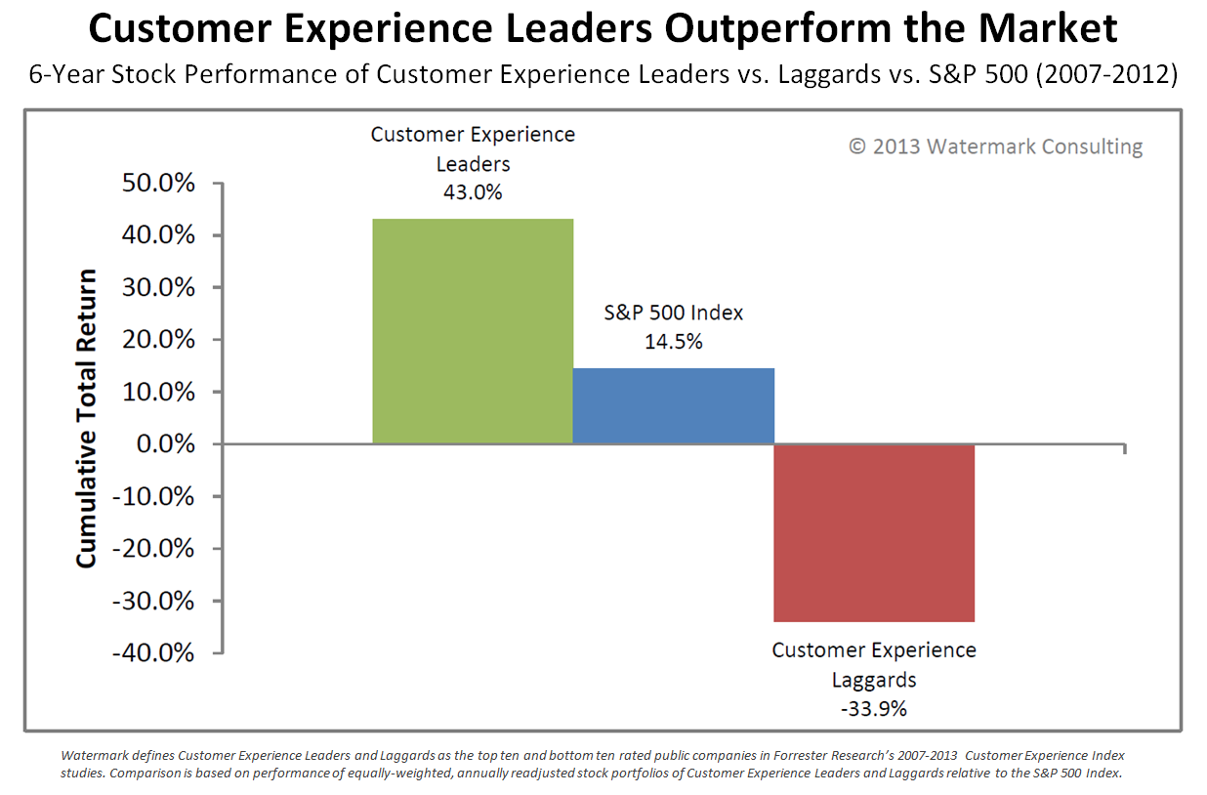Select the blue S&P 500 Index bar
pos(673,405)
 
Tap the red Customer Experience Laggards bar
pos(874,532)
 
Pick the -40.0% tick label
pos(156,652)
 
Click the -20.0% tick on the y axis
pos(156,549)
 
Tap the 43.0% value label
pos(473,192)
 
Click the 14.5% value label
pos(673,342)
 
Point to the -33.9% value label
pos(873,709)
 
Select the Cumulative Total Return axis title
pos(87,418)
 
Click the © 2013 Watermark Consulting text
pos(995,146)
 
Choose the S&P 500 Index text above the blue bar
pos(673,313)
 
